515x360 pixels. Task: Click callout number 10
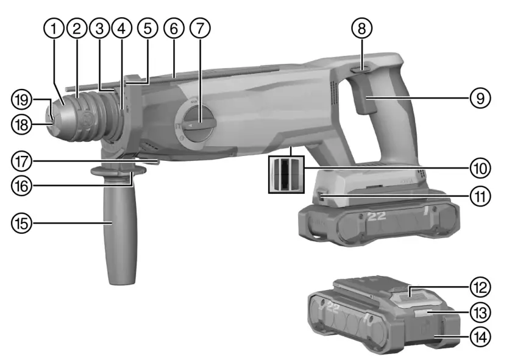(481, 166)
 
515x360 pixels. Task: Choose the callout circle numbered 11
(481, 196)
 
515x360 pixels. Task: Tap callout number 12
(481, 285)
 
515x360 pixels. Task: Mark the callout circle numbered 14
(481, 335)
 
